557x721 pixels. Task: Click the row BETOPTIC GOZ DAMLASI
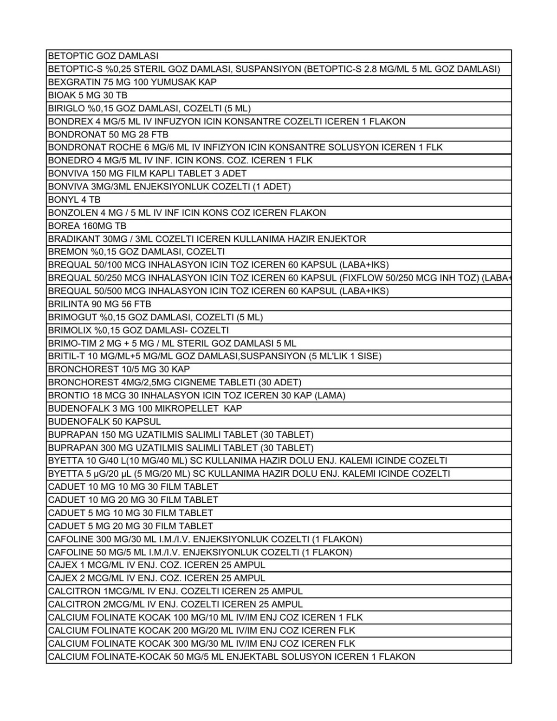tap(103, 56)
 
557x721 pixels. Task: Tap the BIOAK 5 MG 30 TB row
tap(87, 95)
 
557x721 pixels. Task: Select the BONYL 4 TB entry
tap(74, 200)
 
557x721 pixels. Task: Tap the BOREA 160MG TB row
tap(87, 226)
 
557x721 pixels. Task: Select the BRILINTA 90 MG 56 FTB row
tap(99, 304)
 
